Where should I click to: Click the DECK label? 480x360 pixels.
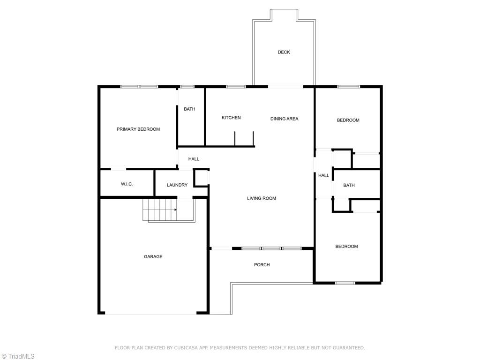pyautogui.click(x=284, y=52)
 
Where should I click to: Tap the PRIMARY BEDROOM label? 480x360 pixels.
pyautogui.click(x=138, y=129)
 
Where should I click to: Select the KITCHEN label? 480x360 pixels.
pyautogui.click(x=231, y=118)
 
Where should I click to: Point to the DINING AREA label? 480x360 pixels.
pyautogui.click(x=284, y=119)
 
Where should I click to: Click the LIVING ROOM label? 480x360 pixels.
pyautogui.click(x=262, y=198)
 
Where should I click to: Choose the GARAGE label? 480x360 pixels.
pyautogui.click(x=153, y=256)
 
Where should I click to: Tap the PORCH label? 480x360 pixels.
pyautogui.click(x=262, y=265)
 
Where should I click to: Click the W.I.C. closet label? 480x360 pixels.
pyautogui.click(x=127, y=184)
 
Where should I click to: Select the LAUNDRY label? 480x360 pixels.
pyautogui.click(x=177, y=185)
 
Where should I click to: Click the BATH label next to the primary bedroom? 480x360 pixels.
pyautogui.click(x=189, y=109)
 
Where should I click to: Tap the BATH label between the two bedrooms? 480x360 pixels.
pyautogui.click(x=349, y=185)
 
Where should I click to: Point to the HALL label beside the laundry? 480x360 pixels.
pyautogui.click(x=194, y=159)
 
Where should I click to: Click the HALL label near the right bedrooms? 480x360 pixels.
pyautogui.click(x=323, y=175)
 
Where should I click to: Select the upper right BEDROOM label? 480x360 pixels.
pyautogui.click(x=348, y=120)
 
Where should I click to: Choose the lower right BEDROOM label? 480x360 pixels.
pyautogui.click(x=346, y=247)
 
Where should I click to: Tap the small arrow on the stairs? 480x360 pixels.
pyautogui.click(x=175, y=210)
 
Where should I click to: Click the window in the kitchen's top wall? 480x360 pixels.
pyautogui.click(x=236, y=87)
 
